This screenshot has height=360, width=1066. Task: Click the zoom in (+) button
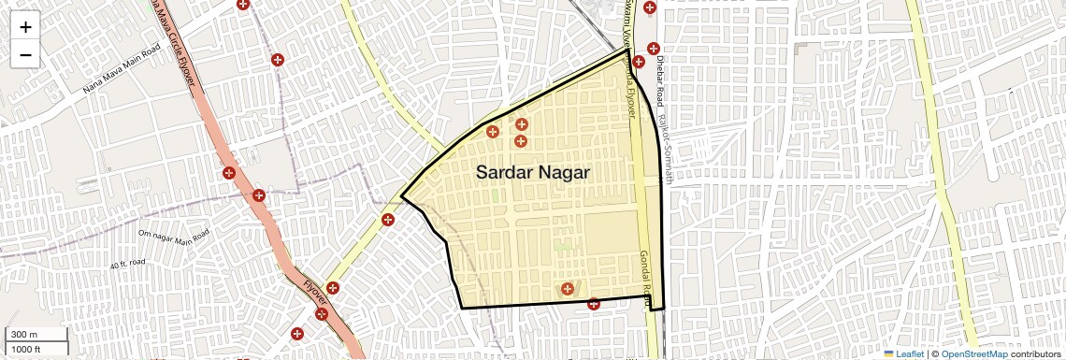[x=25, y=27]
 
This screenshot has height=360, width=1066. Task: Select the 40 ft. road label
[x=129, y=266]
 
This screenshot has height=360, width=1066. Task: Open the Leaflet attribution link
[x=903, y=353]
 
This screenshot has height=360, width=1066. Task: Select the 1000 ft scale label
[x=28, y=349]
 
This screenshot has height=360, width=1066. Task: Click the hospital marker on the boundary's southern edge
[x=594, y=303]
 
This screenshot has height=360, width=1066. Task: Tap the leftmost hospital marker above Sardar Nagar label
[x=492, y=131]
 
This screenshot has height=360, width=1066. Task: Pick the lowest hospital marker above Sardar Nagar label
[x=520, y=141]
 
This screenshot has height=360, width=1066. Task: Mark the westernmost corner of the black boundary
[x=402, y=197]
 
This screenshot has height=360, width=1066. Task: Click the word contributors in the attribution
[x=1034, y=353]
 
